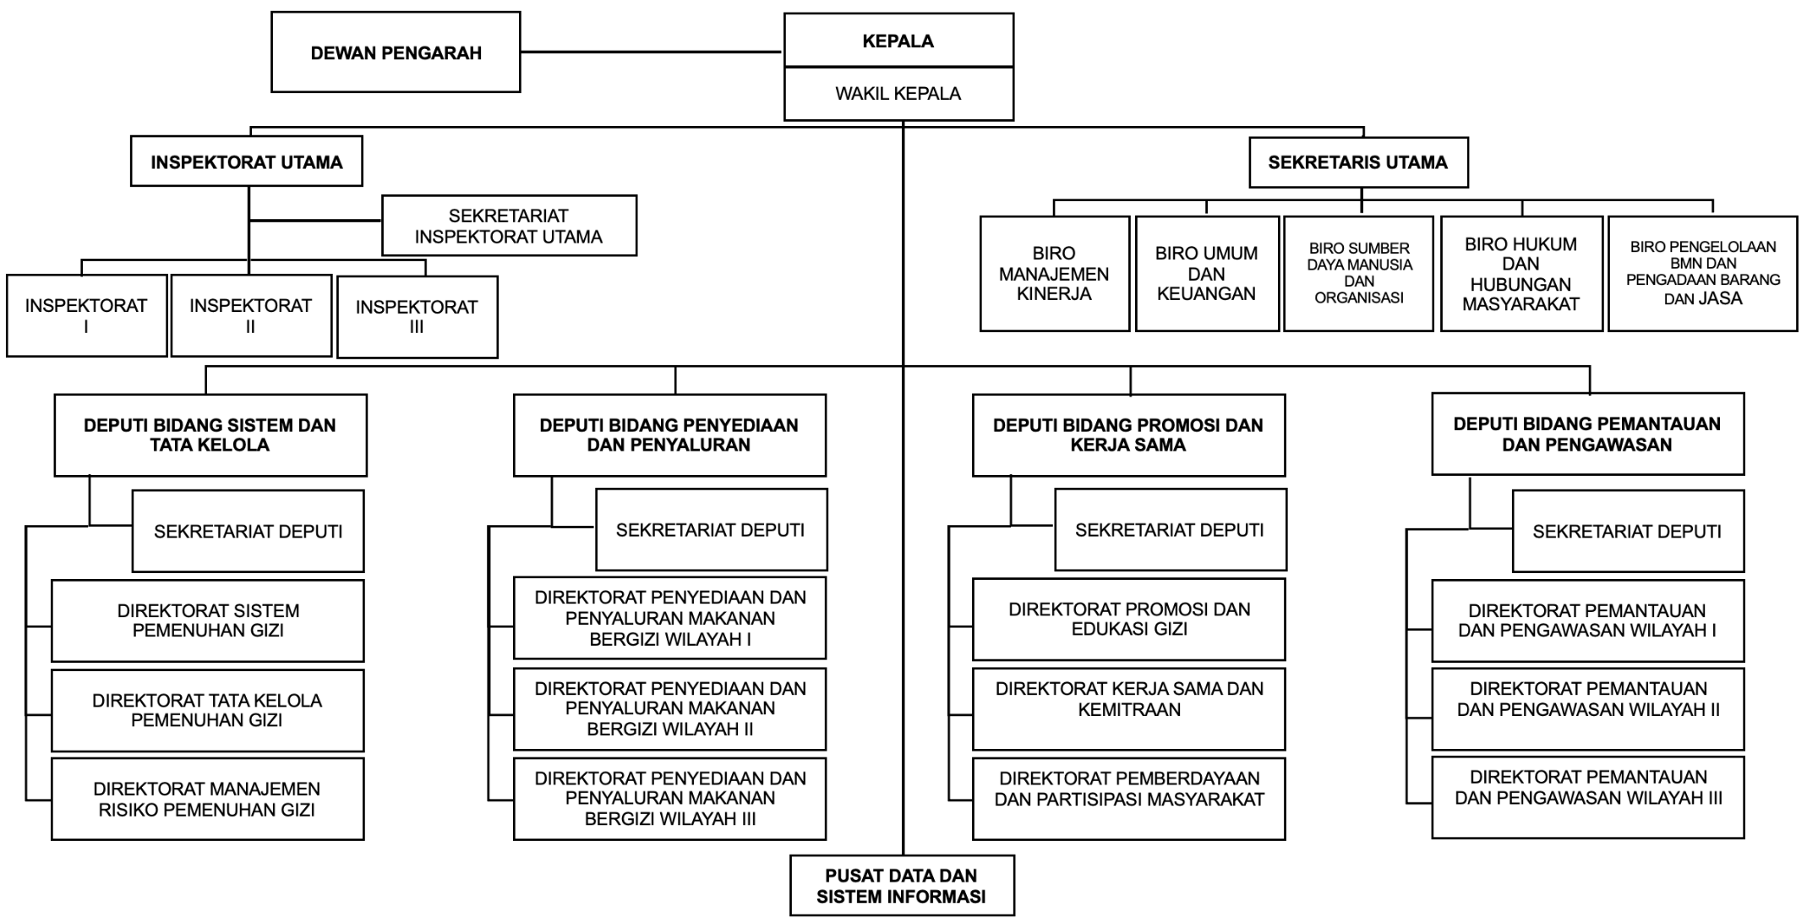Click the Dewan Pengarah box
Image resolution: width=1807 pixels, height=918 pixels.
pos(396,52)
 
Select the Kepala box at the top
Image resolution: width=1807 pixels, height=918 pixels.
pos(898,41)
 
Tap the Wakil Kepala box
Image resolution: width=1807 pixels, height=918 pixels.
pos(898,94)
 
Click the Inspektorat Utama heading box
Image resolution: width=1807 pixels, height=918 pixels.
pos(247,161)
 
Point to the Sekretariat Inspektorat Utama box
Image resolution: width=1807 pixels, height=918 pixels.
pos(509,226)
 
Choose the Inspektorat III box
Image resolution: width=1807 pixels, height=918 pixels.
pos(417,317)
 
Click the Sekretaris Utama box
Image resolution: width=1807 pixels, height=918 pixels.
pos(1358,162)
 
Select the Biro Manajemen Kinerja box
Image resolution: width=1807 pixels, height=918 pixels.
pos(1054,274)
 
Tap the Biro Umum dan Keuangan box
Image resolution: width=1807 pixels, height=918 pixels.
pos(1206,274)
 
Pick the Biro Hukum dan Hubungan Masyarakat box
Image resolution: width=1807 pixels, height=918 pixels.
pos(1520,274)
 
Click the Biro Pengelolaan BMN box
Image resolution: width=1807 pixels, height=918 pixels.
pos(1702,273)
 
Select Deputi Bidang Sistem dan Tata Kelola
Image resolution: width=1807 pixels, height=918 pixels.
pos(210,435)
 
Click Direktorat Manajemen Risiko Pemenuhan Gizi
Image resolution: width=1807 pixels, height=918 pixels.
pos(207,799)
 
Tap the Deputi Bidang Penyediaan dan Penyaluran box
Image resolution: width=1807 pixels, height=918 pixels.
pos(669,435)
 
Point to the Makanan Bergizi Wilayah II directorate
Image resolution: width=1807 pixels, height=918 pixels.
pos(669,709)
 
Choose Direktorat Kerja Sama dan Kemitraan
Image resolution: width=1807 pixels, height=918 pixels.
pos(1128,709)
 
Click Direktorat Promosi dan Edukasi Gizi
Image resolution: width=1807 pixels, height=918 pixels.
pos(1128,620)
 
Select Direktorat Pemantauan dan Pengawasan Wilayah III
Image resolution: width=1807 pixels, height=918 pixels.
pos(1587,797)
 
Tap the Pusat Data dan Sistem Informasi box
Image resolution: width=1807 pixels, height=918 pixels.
pos(902,886)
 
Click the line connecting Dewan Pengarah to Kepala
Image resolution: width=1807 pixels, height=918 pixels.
pos(651,52)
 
